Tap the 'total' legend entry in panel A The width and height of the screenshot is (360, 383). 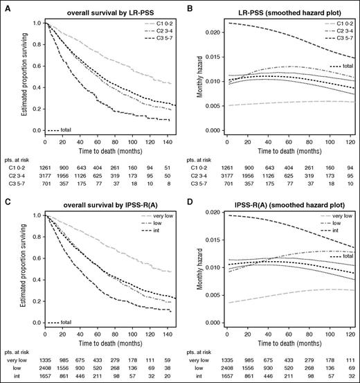tap(66, 130)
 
